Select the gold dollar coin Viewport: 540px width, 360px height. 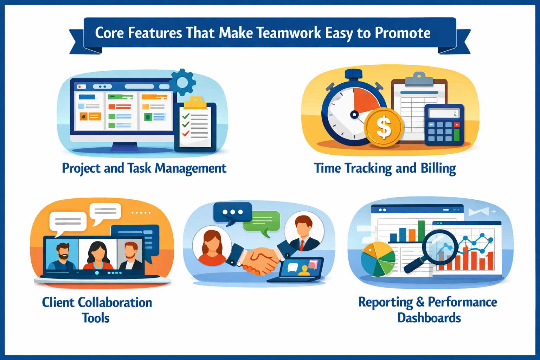tap(383, 127)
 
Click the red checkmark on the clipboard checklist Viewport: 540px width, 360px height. tap(186, 133)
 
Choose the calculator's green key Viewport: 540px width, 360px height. tap(457, 135)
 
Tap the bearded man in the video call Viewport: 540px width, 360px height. tap(62, 256)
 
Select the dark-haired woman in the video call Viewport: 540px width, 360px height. tap(98, 255)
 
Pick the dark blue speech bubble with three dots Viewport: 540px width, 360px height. tap(232, 213)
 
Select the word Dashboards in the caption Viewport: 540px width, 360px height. tap(429, 317)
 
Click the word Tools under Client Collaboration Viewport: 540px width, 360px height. tap(96, 318)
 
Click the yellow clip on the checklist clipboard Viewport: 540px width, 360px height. tap(195, 102)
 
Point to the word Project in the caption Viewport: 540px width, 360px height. tap(81, 168)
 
